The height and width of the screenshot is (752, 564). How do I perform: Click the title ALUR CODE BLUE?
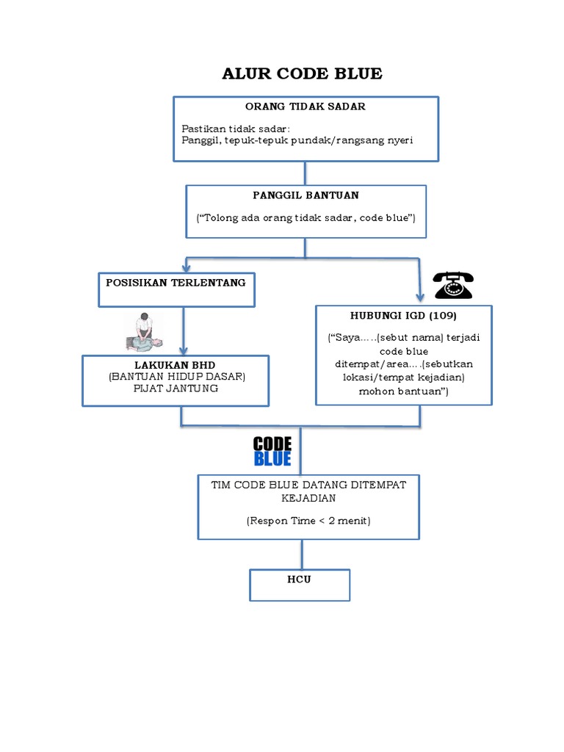coord(302,74)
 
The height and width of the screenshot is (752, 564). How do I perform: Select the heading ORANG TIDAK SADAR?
coord(305,106)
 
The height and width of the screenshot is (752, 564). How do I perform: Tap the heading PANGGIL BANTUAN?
coord(306,195)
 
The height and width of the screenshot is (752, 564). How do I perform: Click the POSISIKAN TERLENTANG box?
coord(176,289)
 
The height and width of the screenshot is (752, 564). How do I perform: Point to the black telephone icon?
coord(453,286)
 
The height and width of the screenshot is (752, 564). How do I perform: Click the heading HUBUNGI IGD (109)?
coord(403,316)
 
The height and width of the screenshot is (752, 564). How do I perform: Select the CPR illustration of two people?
coord(144,332)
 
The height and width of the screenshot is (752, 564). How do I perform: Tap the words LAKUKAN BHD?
coord(175,365)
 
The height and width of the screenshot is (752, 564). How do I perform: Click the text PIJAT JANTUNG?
coord(176,388)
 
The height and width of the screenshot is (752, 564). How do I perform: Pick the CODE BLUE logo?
coord(272,452)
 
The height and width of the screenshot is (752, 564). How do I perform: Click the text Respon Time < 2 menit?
coord(308,521)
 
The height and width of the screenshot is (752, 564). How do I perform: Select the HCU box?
coord(300,585)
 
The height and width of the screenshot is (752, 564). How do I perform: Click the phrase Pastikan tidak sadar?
coord(234,129)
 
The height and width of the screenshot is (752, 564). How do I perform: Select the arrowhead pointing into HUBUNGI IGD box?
coord(420,297)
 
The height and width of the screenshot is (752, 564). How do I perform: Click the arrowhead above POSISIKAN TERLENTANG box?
coord(187,267)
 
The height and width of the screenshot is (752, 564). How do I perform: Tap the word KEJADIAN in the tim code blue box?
coord(308,499)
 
